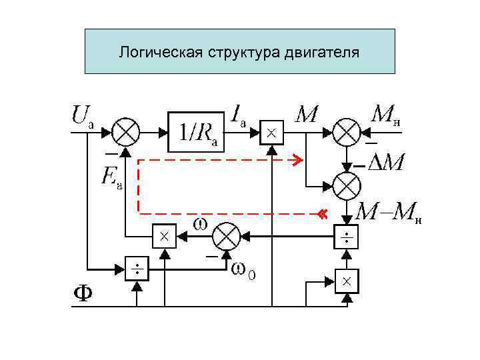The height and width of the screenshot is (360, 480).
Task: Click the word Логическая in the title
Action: point(151,51)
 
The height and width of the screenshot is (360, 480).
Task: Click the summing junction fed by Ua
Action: point(125,131)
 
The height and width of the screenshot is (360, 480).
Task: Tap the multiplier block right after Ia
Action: point(271,133)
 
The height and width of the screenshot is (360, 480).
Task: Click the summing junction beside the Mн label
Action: point(347,131)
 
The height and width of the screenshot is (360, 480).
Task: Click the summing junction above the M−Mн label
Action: point(347,185)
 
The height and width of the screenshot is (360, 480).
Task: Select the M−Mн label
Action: point(390,213)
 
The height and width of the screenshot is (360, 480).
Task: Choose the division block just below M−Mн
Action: point(347,237)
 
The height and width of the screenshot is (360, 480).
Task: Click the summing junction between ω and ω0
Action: point(227,235)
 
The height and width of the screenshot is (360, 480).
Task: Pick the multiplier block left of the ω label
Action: point(163,235)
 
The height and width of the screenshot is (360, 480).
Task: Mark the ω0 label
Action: point(244,271)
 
